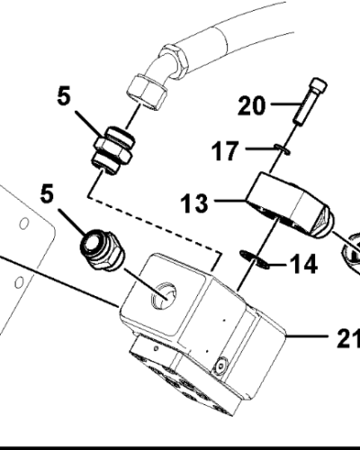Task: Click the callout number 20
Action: (253, 107)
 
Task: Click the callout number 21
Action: (348, 340)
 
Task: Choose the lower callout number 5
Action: (47, 193)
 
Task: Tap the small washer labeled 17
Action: (282, 149)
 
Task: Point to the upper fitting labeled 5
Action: (112, 151)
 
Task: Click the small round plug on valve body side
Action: (221, 364)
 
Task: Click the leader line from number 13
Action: (229, 202)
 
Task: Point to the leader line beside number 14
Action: (274, 265)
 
